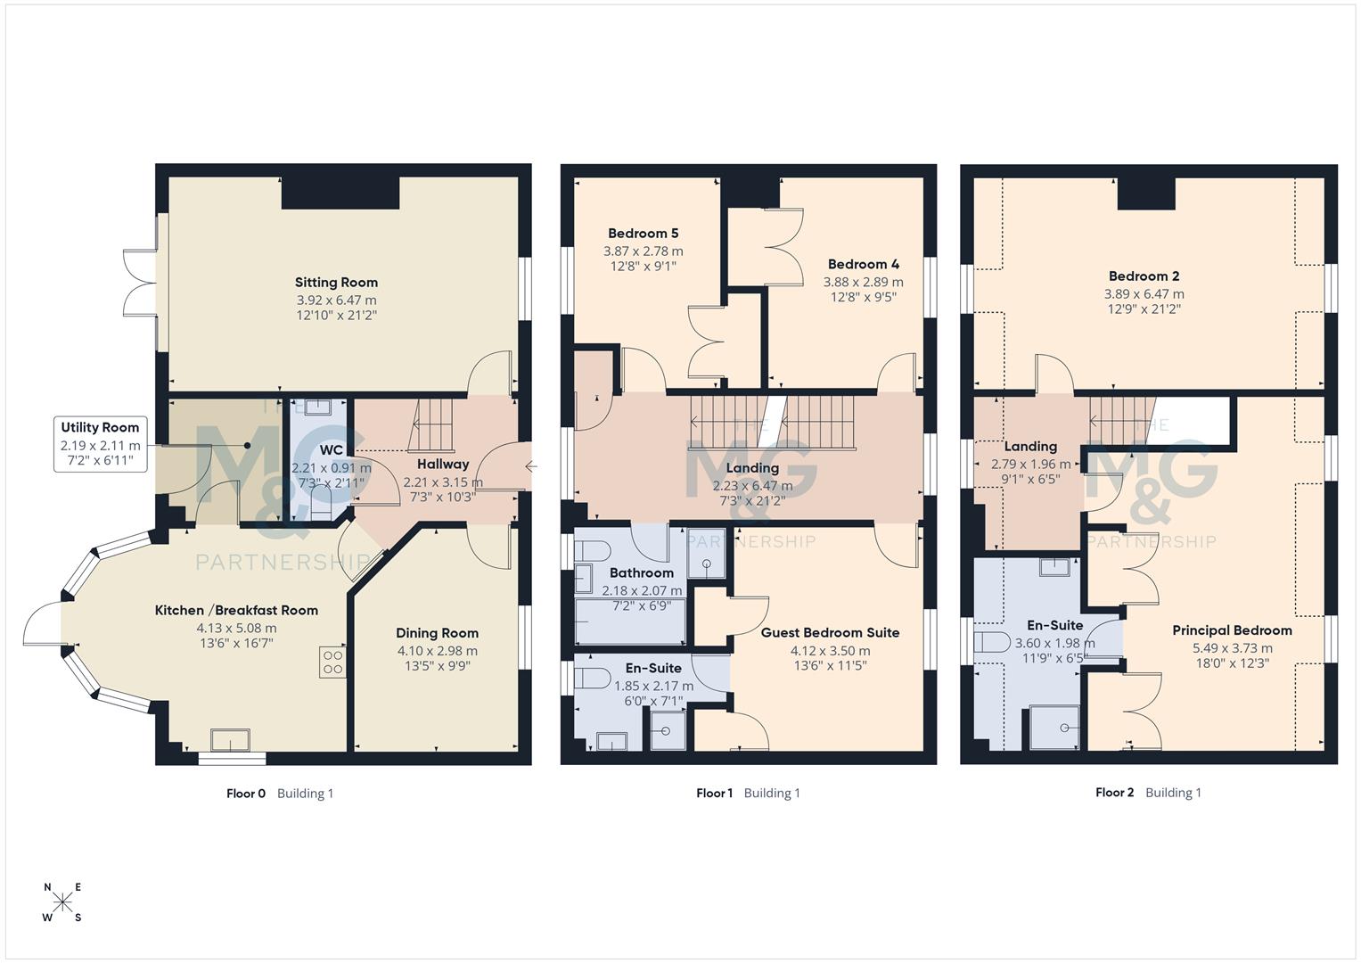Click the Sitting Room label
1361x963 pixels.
(x=336, y=282)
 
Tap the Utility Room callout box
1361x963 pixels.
(x=100, y=443)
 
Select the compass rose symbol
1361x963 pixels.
(x=62, y=902)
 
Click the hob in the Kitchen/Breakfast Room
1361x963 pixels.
(x=332, y=662)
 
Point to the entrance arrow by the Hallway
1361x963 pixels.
(x=531, y=466)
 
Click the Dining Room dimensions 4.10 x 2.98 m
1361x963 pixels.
(x=437, y=650)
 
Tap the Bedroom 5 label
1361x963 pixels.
(x=643, y=234)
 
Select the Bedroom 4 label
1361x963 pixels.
(x=863, y=264)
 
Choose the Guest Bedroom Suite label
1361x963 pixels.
(x=830, y=632)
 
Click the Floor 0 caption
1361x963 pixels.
(x=246, y=793)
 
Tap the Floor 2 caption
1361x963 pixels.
(x=1114, y=792)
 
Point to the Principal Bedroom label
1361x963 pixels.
(x=1231, y=630)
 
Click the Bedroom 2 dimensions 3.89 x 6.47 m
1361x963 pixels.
(x=1144, y=293)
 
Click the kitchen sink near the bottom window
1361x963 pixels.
(x=230, y=740)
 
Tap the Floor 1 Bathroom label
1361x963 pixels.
(x=641, y=572)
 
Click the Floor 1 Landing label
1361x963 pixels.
(x=752, y=467)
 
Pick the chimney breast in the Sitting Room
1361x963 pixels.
(x=340, y=193)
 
